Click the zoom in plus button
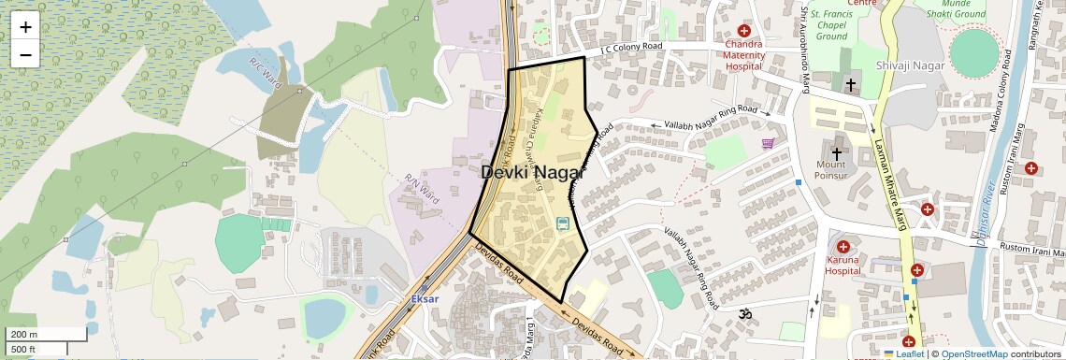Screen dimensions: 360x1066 25,26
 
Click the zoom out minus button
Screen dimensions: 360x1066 25,54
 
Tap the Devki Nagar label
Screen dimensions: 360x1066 532,173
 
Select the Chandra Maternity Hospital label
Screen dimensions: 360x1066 744,55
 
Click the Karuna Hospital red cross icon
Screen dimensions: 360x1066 843,246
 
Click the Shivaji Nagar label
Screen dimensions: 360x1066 911,65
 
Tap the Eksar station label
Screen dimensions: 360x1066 425,298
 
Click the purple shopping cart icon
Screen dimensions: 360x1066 769,143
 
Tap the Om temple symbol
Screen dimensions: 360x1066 745,314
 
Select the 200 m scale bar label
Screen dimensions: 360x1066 24,335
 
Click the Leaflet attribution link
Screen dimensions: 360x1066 904,353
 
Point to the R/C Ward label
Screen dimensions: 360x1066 266,68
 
